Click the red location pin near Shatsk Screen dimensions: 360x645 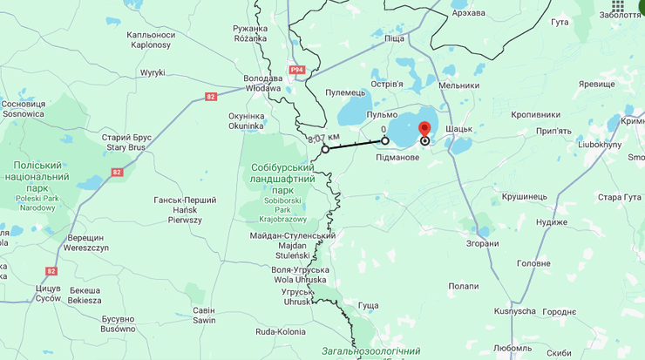(424, 131)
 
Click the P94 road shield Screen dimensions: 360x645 (297, 70)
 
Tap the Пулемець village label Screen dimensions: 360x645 (345, 92)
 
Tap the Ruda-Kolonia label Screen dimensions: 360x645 (281, 331)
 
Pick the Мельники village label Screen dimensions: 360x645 (458, 85)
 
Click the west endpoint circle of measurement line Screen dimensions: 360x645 (325, 149)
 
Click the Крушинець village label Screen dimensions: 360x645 (525, 197)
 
